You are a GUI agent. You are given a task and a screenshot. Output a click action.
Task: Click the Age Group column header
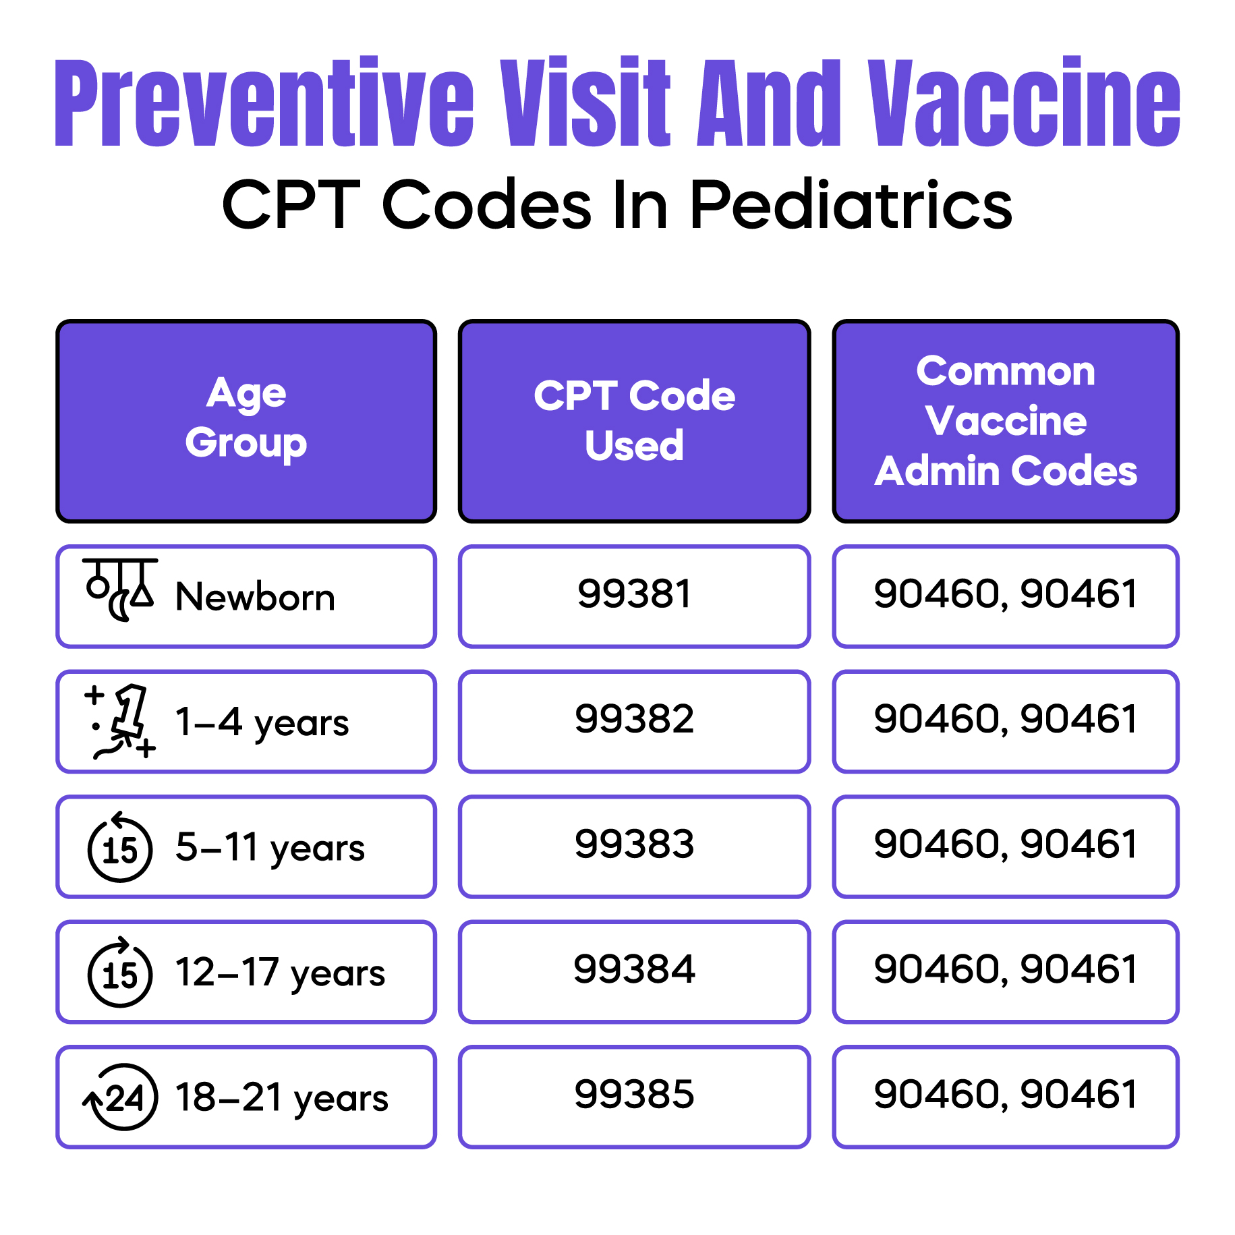tap(246, 420)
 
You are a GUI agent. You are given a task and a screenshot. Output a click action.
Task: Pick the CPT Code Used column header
tap(634, 420)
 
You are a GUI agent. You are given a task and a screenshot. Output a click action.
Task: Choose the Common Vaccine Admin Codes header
tap(1006, 420)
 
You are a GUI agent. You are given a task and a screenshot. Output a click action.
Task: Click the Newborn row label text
tap(255, 597)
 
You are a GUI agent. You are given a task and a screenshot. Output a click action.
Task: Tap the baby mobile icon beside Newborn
tap(120, 589)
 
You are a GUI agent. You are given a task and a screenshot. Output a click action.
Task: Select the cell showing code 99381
tap(634, 595)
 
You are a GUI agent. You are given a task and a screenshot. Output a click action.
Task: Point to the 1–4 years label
tap(262, 722)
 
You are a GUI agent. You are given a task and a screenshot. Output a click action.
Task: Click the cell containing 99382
tap(634, 720)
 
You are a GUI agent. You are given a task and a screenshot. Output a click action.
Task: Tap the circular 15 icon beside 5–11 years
tap(120, 848)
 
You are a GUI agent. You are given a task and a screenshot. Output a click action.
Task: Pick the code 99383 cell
tap(634, 844)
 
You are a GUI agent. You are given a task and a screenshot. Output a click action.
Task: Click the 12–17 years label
tap(280, 973)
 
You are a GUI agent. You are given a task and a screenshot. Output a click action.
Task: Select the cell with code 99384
tap(634, 970)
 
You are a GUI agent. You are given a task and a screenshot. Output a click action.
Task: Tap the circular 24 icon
tap(121, 1097)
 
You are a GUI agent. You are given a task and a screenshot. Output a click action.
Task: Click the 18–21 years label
tap(281, 1097)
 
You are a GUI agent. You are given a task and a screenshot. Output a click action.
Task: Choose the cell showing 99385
tap(634, 1095)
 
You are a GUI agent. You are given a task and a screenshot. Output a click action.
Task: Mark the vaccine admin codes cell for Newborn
tap(1006, 595)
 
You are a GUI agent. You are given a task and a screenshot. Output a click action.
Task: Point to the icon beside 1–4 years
tap(121, 722)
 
